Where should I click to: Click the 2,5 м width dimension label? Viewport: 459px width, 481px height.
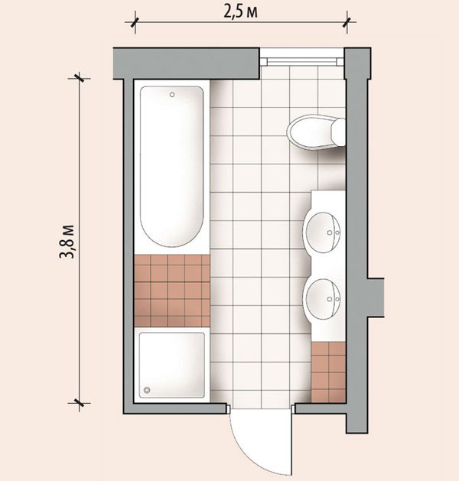pos(240,12)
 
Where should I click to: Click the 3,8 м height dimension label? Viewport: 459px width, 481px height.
pos(67,242)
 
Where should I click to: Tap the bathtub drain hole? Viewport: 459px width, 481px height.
pos(172,95)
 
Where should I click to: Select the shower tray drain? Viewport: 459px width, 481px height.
pos(147,390)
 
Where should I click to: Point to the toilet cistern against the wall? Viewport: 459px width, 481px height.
pos(339,132)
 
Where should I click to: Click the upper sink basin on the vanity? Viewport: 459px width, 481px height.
pos(322,232)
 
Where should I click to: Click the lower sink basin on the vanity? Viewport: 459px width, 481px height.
pos(322,299)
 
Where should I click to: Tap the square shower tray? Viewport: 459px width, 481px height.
pos(172,365)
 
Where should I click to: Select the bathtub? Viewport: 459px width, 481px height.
pos(172,167)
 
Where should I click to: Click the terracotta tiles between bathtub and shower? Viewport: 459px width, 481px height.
pos(172,291)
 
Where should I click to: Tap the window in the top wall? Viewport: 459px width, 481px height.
pos(302,61)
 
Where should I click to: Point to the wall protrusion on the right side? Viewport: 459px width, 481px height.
pos(376,297)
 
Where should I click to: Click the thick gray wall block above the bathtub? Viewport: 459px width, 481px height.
pos(186,63)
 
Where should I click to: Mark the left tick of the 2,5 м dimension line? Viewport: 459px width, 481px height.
pos(135,22)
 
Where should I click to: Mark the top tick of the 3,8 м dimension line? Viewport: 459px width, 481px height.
pos(79,78)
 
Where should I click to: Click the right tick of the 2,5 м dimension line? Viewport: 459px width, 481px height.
pos(347,22)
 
